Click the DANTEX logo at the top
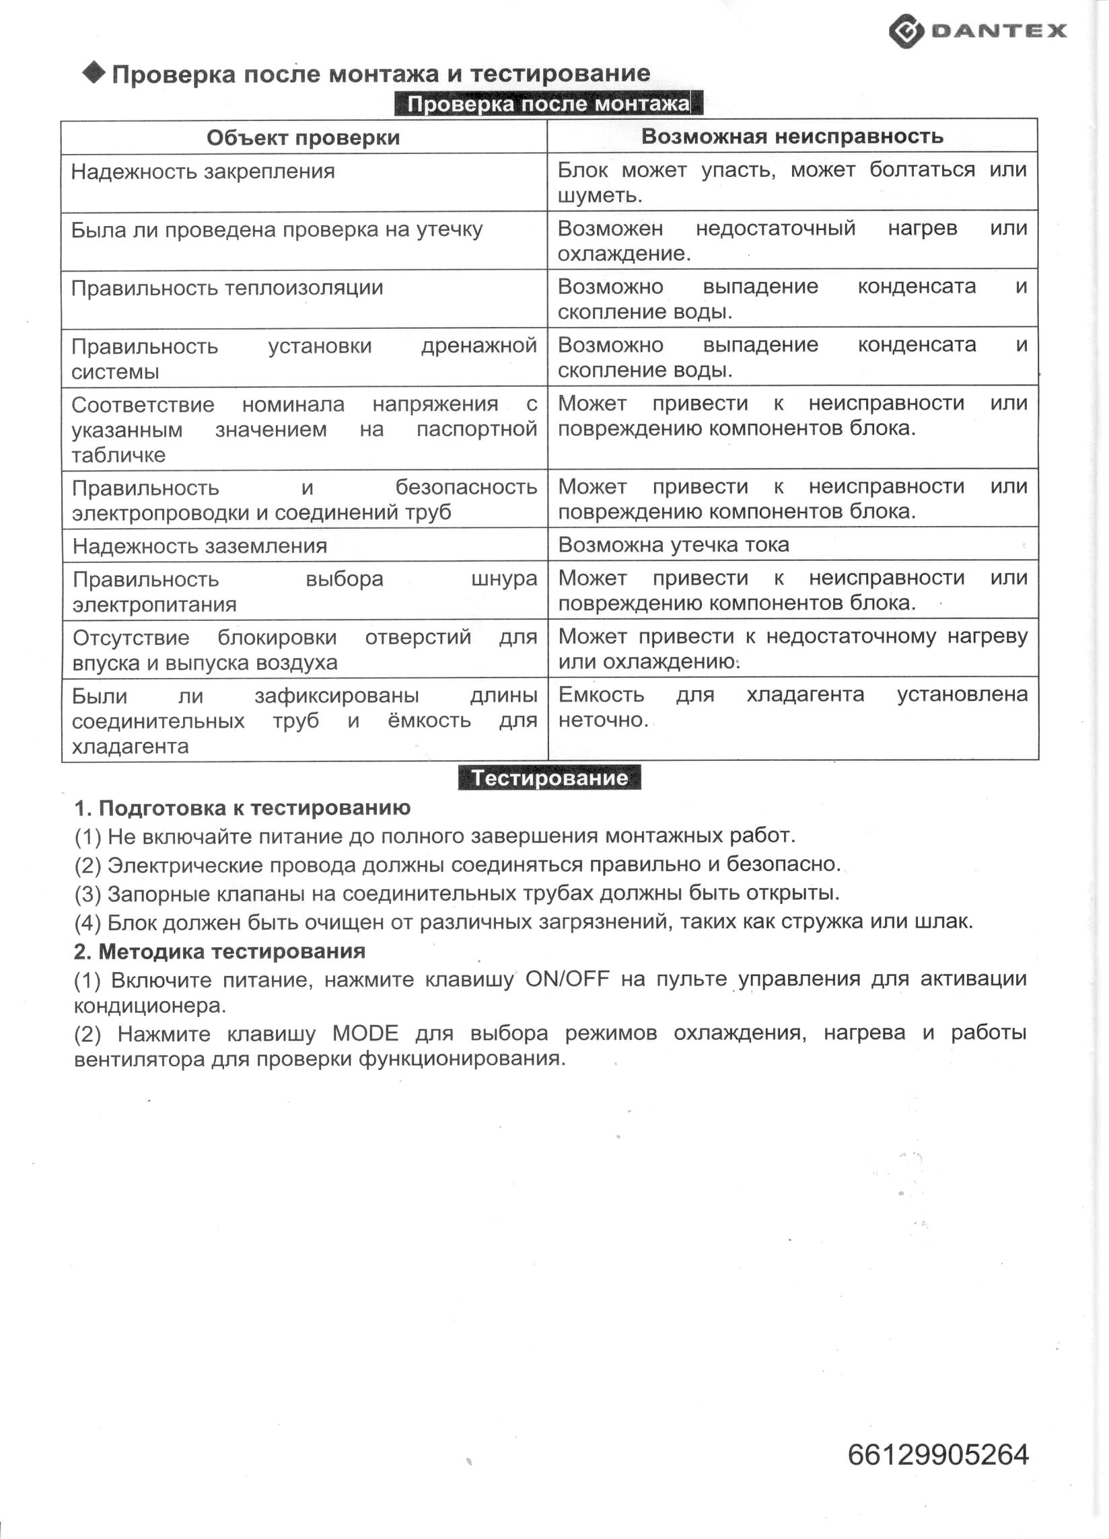tap(977, 31)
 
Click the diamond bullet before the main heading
tap(94, 72)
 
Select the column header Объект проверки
tap(303, 138)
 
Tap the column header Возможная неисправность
tap(791, 137)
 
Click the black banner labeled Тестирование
tap(549, 778)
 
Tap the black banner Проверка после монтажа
tap(548, 104)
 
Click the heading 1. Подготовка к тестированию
tap(242, 807)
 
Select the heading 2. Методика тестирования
tap(219, 951)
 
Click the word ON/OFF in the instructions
tap(567, 979)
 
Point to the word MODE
tap(365, 1033)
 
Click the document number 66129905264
tap(937, 1454)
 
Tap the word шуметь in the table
tap(599, 196)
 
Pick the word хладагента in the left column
tap(131, 747)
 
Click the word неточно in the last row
tap(601, 720)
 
